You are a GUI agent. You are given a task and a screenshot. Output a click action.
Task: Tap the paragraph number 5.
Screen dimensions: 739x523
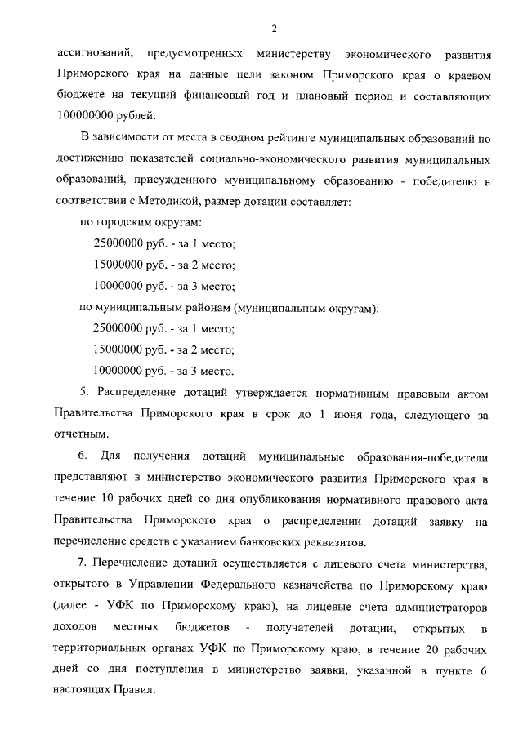click(82, 394)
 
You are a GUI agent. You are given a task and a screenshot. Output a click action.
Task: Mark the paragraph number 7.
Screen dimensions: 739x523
click(82, 563)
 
